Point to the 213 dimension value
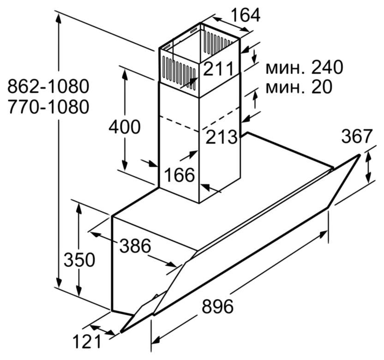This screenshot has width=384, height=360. [221, 136]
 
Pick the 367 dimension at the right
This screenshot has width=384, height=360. [357, 136]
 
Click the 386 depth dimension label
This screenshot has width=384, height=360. [135, 246]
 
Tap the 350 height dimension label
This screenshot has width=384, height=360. [79, 260]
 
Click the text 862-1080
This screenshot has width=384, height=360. [48, 86]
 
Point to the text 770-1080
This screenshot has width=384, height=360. [48, 107]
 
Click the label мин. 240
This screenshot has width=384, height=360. [304, 68]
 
